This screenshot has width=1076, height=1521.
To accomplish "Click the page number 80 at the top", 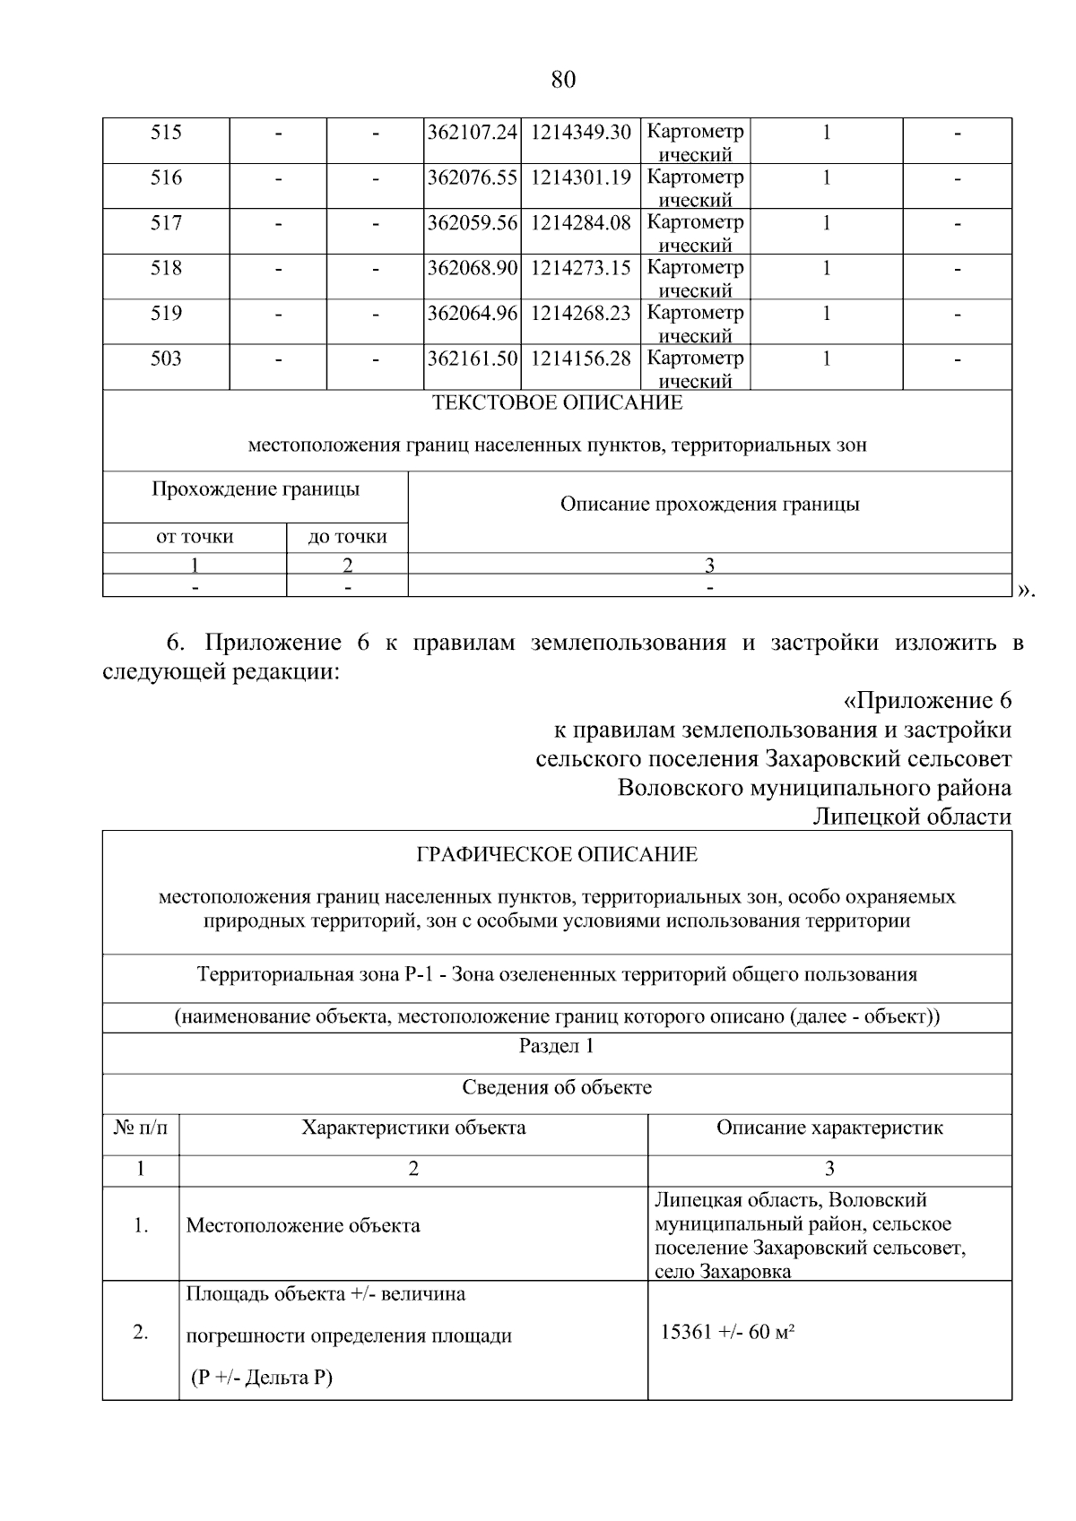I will coord(562,80).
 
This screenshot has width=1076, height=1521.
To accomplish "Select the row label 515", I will coord(166,133).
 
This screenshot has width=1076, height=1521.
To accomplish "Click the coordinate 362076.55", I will coord(473,177).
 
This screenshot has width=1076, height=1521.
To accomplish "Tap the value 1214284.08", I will coord(581,222).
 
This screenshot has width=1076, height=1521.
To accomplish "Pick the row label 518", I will coord(166,268).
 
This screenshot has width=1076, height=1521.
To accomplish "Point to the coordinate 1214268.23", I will coord(581,314).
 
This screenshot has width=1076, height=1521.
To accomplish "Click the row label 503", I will coord(166,359).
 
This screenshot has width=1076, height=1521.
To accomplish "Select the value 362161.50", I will coord(473,359).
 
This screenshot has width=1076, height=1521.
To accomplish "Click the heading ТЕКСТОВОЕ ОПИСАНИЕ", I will coord(557,403).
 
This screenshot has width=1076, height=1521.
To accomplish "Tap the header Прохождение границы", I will coord(256,489).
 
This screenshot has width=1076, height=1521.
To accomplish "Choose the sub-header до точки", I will coord(347,537).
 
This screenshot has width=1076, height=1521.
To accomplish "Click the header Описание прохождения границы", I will coord(709,505).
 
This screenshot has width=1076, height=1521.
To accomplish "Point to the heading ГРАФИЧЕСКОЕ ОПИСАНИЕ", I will coord(557,854).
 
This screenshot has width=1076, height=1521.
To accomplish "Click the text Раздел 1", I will coord(557,1046).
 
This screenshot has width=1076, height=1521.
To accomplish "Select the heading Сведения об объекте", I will coord(557,1088).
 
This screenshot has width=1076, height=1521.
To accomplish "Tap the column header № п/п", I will coord(141,1128).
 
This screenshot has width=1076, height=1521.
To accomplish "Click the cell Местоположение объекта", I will coord(302,1225).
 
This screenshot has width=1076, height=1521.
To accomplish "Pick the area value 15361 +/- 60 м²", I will coord(728,1333).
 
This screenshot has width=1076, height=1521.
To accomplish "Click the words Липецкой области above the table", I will coord(911,817).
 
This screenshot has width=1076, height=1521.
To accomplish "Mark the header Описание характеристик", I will coord(829,1128).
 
